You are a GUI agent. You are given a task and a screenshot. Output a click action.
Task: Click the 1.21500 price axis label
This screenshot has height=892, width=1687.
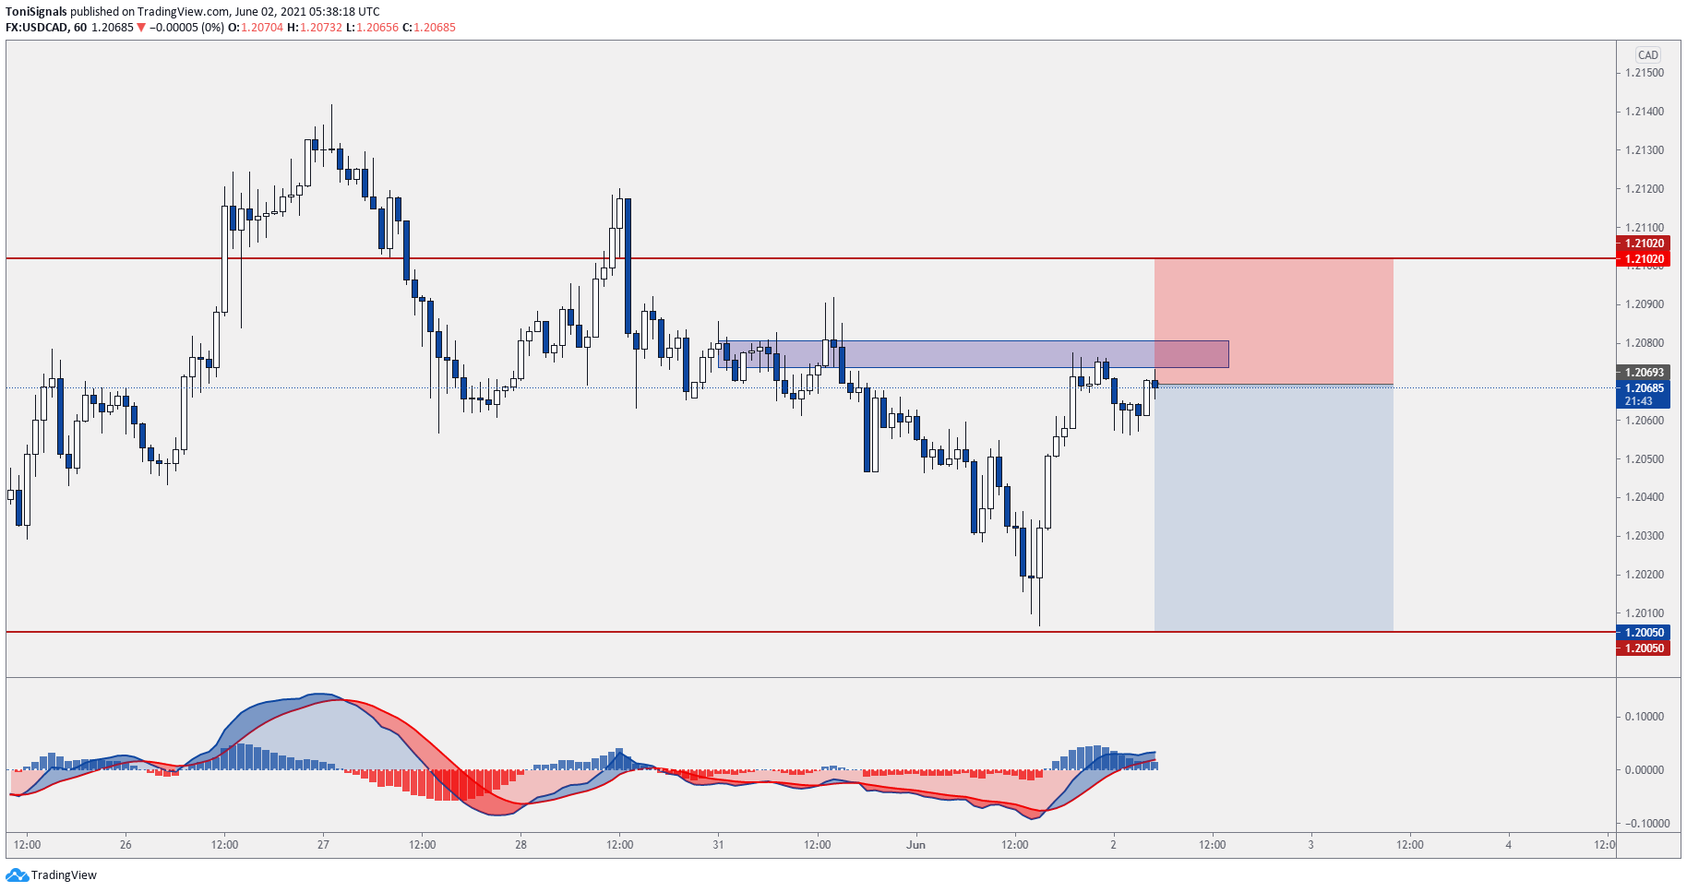point(1645,73)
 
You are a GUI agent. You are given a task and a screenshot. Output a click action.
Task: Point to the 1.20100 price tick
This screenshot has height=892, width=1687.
point(1645,613)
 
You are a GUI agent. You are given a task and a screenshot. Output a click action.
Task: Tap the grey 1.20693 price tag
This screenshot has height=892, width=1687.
point(1644,373)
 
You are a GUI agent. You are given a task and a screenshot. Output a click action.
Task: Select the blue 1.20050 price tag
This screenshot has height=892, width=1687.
point(1644,633)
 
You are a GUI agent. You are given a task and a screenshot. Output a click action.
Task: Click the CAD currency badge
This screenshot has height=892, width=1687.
point(1647,55)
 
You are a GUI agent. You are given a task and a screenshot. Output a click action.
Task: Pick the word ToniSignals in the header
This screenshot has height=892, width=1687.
point(36,12)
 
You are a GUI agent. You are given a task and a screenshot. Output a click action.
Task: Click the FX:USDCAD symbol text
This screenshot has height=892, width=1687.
point(36,28)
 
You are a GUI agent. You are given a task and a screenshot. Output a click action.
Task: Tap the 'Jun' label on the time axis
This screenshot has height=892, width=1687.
point(915,844)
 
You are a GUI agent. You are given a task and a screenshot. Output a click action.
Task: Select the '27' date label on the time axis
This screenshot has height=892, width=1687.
point(323,844)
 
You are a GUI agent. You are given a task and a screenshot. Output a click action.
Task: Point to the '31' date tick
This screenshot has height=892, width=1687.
point(718,844)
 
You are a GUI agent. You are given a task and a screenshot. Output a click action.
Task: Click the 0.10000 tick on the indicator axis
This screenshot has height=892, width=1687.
point(1644,717)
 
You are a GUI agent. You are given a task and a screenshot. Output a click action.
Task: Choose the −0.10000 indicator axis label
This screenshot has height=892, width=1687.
point(1642,824)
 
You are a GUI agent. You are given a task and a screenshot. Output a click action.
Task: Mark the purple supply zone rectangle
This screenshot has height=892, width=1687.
point(969,354)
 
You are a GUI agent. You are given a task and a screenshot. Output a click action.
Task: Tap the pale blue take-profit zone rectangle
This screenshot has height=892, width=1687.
point(1274,507)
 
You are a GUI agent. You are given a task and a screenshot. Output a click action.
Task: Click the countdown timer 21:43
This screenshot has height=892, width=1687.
point(1639,401)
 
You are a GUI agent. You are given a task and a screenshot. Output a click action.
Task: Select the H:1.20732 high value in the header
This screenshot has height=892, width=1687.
point(314,28)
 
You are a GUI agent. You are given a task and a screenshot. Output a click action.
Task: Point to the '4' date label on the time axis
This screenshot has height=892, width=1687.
point(1508,844)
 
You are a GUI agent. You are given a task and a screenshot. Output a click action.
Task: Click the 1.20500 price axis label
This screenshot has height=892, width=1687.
point(1645,458)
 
